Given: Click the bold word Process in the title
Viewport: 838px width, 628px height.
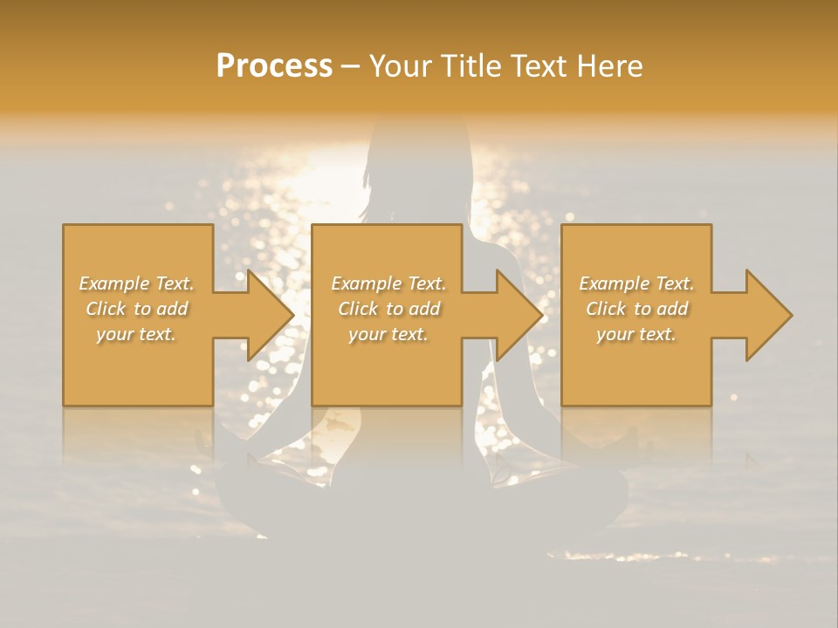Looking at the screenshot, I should click(x=274, y=65).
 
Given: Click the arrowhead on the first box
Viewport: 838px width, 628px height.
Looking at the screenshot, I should click(x=267, y=315).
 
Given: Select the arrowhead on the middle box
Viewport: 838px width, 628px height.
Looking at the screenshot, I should click(x=517, y=315).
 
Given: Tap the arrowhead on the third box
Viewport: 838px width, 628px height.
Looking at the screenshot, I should click(x=766, y=315).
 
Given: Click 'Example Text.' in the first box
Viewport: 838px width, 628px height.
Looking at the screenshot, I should click(x=136, y=283).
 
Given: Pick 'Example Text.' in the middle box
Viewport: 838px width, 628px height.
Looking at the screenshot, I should click(x=388, y=283).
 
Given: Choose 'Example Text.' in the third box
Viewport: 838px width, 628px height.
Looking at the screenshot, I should click(x=636, y=283).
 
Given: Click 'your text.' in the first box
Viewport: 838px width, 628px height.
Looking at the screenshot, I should click(x=136, y=334).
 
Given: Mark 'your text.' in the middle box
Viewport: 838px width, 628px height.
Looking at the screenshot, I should click(x=388, y=334).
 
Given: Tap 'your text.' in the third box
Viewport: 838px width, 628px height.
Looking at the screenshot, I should click(x=636, y=334).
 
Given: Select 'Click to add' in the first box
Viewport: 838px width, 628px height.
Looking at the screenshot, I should click(x=136, y=309).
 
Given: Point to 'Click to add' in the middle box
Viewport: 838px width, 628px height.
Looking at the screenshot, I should click(x=388, y=309).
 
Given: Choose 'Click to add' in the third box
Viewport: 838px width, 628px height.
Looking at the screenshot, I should click(x=636, y=309).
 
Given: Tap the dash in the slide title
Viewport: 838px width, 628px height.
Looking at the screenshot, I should click(x=350, y=66).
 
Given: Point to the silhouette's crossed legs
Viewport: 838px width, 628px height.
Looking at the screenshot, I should click(x=419, y=502).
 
